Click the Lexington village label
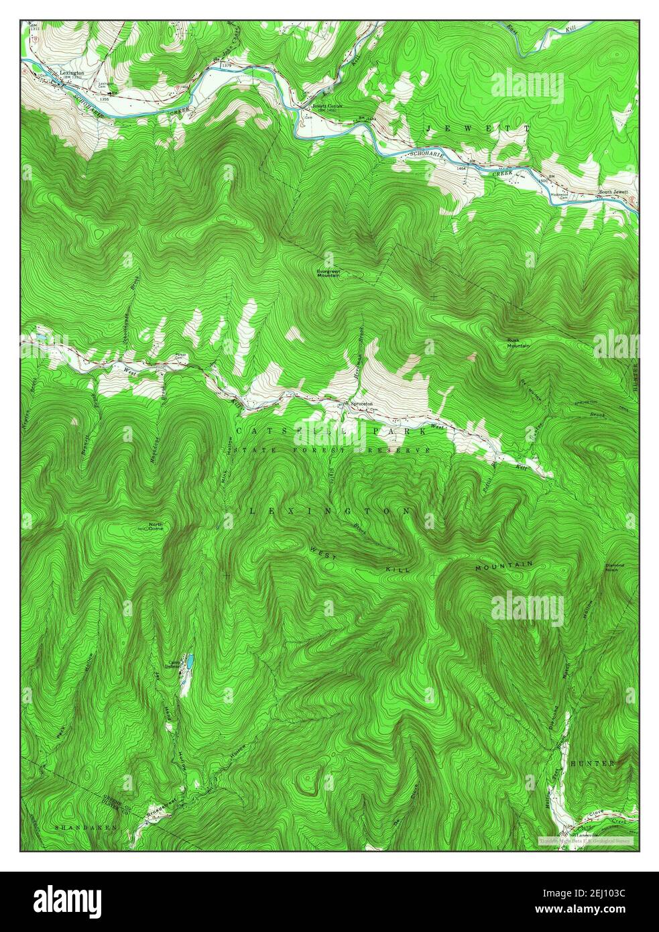(71, 72)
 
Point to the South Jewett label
(613, 192)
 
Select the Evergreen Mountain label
(329, 272)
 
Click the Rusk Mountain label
(518, 343)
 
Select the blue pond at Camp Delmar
(190, 662)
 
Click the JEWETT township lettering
(478, 127)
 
